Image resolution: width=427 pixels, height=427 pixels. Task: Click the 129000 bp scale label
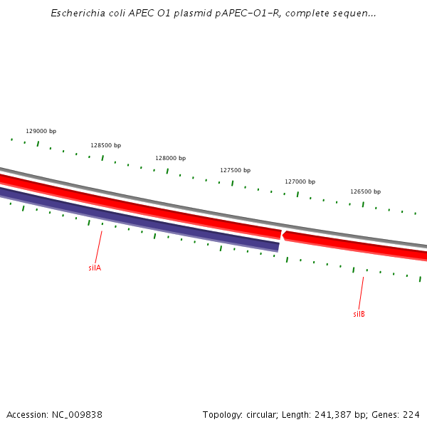tap(41, 131)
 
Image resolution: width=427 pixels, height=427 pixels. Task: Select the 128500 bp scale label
tap(105, 145)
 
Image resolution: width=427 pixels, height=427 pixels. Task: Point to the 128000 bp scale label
tap(170, 158)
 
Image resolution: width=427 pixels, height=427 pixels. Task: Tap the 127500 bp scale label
tap(235, 170)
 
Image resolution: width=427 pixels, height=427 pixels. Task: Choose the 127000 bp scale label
tap(300, 181)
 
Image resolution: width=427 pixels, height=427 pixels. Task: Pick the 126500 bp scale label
tap(365, 191)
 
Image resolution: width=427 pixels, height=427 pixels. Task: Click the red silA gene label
tap(95, 268)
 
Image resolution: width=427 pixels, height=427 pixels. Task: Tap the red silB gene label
tap(359, 314)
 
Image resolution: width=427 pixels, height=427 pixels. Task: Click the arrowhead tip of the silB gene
tap(283, 234)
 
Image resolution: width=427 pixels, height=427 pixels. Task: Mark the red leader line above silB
tap(362, 292)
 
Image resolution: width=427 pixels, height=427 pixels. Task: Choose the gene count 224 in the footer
tap(411, 414)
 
